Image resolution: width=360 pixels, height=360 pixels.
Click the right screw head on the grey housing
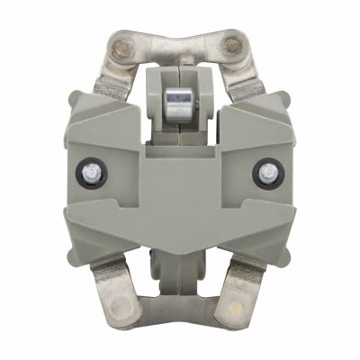tap(268, 170)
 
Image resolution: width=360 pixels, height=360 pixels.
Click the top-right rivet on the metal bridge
tap(234, 45)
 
